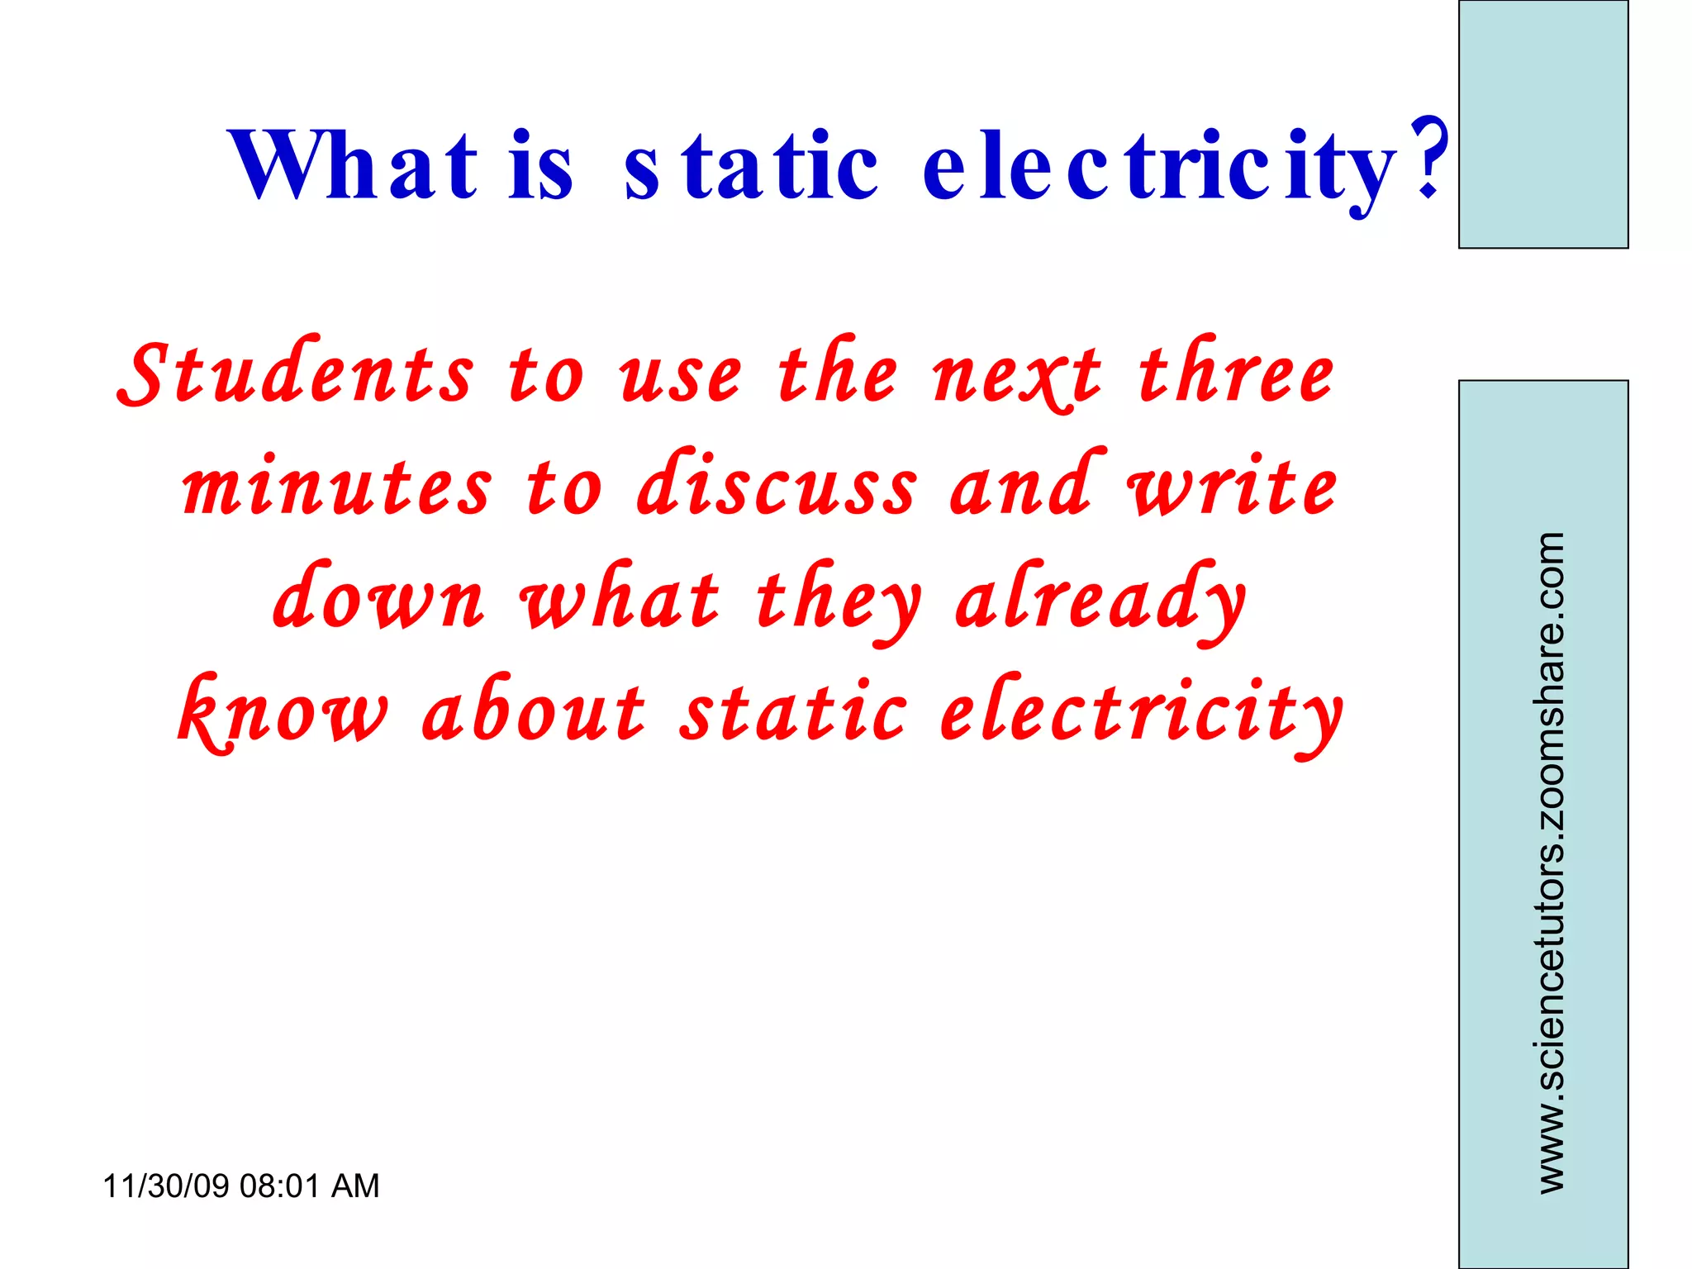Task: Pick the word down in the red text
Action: point(378,598)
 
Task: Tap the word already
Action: point(1100,601)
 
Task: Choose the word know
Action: point(283,712)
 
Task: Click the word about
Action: point(533,712)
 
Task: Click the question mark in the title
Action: point(1428,157)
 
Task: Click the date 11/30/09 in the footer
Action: point(165,1186)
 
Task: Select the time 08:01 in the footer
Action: point(279,1186)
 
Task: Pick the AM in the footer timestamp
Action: point(355,1186)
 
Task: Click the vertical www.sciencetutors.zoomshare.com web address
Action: point(1551,863)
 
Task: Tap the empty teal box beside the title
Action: point(1542,124)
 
